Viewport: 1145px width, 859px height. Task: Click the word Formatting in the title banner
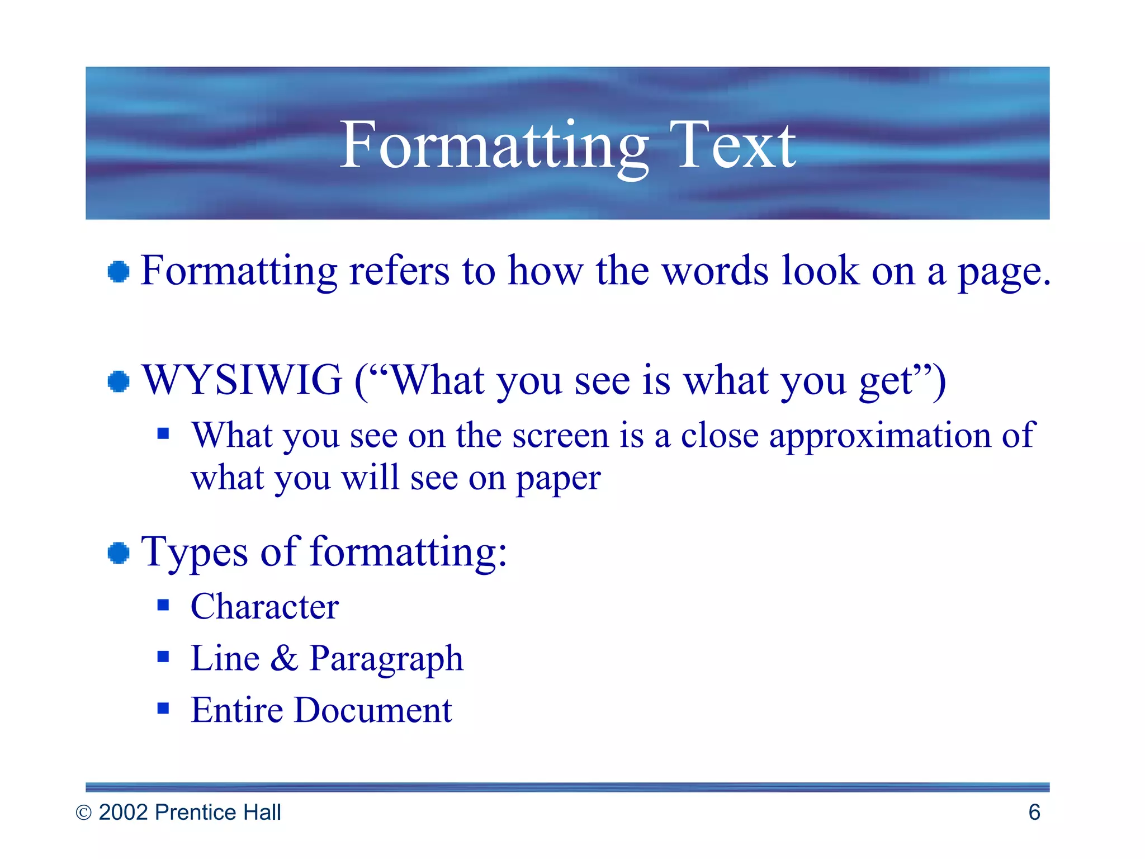tap(493, 147)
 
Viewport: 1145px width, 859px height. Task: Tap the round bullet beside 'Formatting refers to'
tap(119, 272)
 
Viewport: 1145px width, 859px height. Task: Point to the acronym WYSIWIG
tap(242, 380)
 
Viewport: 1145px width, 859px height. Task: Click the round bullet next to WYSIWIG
tap(119, 381)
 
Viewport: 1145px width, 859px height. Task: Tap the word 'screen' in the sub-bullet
tap(560, 436)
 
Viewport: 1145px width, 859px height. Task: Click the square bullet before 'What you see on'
tap(163, 433)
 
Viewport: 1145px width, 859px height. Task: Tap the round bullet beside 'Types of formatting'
tap(119, 553)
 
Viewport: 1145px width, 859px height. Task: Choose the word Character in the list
tap(264, 606)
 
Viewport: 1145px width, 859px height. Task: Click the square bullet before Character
tap(163, 605)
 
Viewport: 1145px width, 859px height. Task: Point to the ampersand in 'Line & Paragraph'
tap(285, 658)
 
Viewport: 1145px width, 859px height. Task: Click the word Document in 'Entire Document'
tap(373, 710)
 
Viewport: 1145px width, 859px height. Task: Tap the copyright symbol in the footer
tap(83, 813)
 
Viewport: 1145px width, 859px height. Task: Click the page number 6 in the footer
tap(1034, 812)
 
